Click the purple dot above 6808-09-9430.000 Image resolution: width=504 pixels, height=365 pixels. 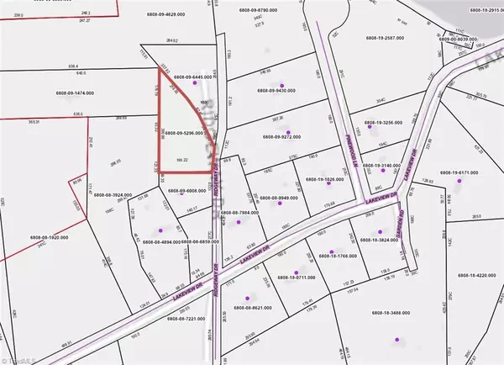coord(280,82)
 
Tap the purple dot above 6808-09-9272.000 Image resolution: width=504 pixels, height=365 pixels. coord(289,134)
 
